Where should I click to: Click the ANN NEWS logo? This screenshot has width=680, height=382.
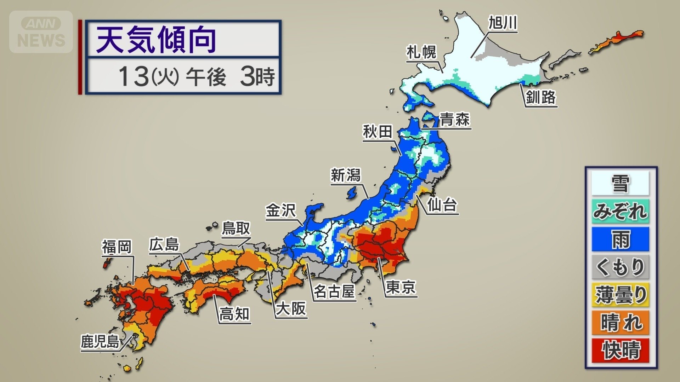point(41,32)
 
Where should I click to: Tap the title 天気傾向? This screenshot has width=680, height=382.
point(156,40)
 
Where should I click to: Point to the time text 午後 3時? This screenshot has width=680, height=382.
point(230,76)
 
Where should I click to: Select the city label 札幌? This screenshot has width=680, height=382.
point(421,53)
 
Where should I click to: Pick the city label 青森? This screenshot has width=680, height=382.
point(455,120)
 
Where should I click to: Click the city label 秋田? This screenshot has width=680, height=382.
point(378,132)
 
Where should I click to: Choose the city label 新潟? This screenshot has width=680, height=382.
point(345,175)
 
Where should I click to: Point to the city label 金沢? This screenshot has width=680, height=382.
point(280,211)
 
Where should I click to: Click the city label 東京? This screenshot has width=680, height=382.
point(400,287)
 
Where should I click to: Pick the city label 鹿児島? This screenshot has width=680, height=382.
point(100,342)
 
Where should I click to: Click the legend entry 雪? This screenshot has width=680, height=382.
point(620,184)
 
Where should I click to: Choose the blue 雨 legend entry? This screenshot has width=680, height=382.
point(620,239)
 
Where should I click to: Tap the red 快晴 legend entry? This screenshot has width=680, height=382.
point(620,350)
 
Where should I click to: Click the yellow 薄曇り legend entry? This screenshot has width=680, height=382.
point(620,295)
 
